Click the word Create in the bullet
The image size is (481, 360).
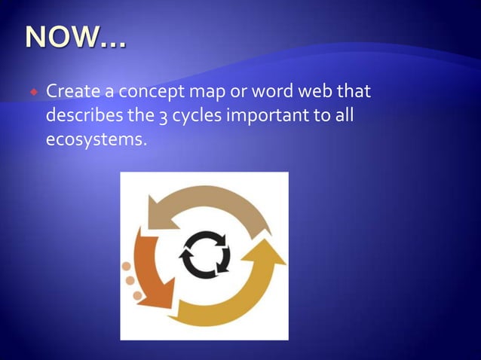pyautogui.click(x=73, y=93)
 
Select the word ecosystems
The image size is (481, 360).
pyautogui.click(x=93, y=140)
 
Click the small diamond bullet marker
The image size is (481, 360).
pyautogui.click(x=34, y=93)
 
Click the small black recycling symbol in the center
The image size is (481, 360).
pyautogui.click(x=204, y=255)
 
